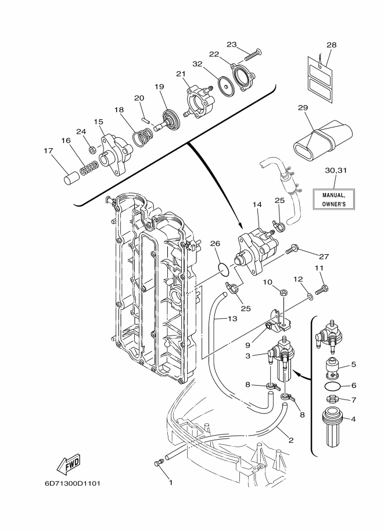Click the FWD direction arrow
click(x=69, y=464)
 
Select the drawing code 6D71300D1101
click(x=73, y=483)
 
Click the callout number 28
click(x=332, y=45)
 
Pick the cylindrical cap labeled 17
click(x=71, y=179)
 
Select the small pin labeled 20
click(x=145, y=119)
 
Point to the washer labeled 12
click(x=310, y=297)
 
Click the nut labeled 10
click(x=283, y=291)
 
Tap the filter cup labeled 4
click(x=332, y=427)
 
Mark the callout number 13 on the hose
click(x=232, y=319)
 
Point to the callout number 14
click(x=257, y=205)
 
